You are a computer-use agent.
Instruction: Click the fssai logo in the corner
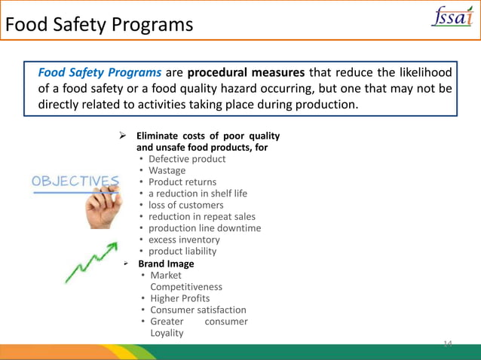pos(452,17)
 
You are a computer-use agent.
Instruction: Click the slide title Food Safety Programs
pos(99,25)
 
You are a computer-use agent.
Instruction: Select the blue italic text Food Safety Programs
pos(100,73)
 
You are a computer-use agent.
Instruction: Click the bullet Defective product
pos(186,159)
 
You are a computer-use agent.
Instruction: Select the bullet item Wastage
pos(167,170)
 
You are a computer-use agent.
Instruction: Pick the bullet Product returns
pos(182,182)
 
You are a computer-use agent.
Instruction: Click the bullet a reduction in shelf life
pos(198,194)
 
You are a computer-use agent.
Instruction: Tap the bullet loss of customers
pos(185,205)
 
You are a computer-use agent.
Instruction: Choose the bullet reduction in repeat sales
pos(201,217)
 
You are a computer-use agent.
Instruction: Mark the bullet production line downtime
pos(204,228)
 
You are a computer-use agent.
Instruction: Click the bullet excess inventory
pos(184,239)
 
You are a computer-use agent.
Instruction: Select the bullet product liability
pos(182,251)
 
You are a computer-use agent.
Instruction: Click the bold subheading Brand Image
pos(166,264)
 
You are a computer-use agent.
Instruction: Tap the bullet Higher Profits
pos(179,298)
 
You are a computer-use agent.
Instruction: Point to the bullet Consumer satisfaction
pos(198,310)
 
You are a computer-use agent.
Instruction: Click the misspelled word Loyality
pos(167,333)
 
